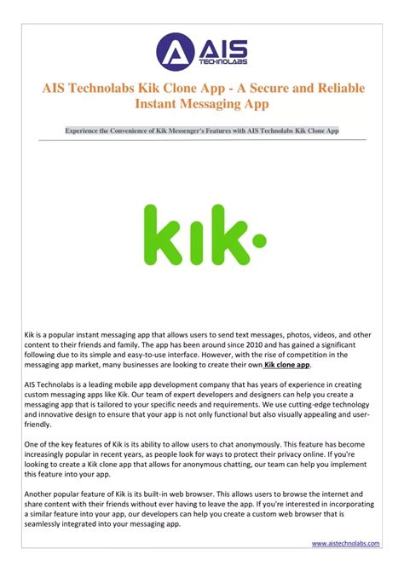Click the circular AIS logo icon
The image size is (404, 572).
[172, 52]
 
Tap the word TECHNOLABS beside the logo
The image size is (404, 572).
[219, 62]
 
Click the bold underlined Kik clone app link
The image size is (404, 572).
[287, 364]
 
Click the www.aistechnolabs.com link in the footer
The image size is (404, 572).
[345, 543]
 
